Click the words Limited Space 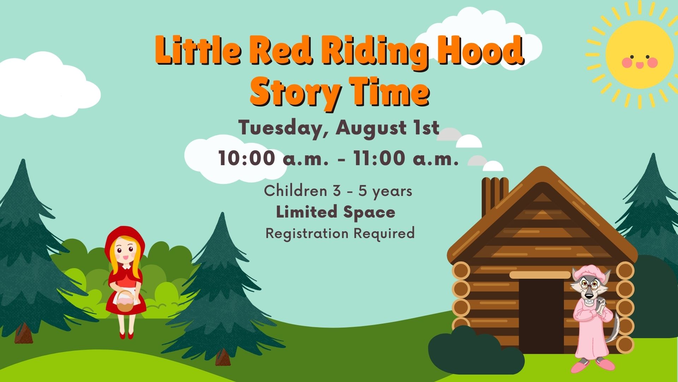335,212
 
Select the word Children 295,191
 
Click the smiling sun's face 640,55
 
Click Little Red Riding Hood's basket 125,302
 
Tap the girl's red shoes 126,335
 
